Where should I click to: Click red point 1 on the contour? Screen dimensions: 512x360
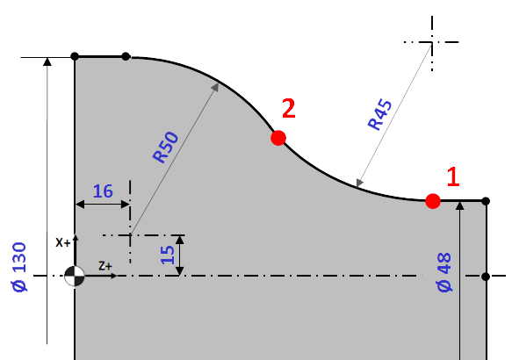tap(433, 201)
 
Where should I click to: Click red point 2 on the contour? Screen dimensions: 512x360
tap(278, 138)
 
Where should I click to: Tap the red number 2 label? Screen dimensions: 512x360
tap(289, 108)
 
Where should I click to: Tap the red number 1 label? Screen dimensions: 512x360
tap(453, 176)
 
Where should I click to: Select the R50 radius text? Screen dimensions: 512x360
tap(166, 148)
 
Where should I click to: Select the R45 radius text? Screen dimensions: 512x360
tap(379, 114)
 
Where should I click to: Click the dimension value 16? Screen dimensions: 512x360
tap(103, 191)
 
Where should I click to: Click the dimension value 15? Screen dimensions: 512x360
tap(168, 255)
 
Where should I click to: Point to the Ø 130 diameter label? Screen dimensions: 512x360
tap(19, 267)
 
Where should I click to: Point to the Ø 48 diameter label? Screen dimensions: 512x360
tap(444, 272)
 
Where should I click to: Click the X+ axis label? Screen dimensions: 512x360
tap(62, 243)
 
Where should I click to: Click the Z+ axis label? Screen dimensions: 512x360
tap(105, 266)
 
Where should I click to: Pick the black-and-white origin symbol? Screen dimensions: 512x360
tap(75, 276)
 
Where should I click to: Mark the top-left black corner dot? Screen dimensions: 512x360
tap(75, 56)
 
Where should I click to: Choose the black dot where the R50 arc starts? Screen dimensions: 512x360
tap(126, 56)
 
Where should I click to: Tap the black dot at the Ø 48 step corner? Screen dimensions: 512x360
tap(486, 201)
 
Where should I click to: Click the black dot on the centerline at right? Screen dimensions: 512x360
tap(486, 277)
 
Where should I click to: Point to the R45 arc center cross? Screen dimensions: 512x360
tap(432, 42)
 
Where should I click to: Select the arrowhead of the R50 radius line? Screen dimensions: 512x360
tap(215, 87)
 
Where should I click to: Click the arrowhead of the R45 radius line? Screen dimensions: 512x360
tap(359, 184)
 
